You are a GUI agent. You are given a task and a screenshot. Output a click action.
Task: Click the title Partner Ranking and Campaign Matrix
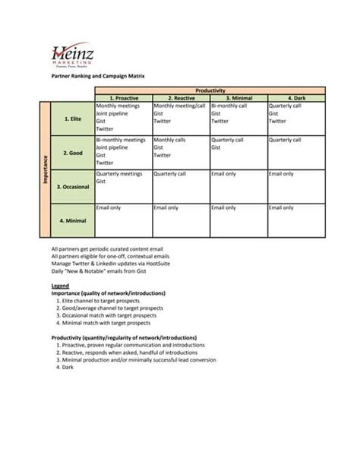96,76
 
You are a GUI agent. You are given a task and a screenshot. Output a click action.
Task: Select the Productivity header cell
210,90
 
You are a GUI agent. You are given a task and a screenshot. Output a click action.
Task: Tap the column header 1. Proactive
123,98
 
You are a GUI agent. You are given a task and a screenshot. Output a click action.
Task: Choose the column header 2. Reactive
181,98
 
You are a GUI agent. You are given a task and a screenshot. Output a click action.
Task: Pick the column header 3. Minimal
238,98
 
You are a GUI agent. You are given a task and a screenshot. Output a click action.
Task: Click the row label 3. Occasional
72,187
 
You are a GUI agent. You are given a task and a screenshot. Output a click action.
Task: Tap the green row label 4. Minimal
72,221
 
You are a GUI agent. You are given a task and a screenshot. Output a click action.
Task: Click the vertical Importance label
46,169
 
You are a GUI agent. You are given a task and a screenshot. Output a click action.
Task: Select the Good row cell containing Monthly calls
181,153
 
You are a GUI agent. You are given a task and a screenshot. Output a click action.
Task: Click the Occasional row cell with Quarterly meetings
123,187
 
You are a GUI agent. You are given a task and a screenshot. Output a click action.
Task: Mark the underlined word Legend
60,286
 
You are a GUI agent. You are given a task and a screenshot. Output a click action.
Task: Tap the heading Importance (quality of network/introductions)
108,293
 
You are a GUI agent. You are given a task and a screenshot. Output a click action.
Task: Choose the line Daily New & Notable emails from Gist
98,270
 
